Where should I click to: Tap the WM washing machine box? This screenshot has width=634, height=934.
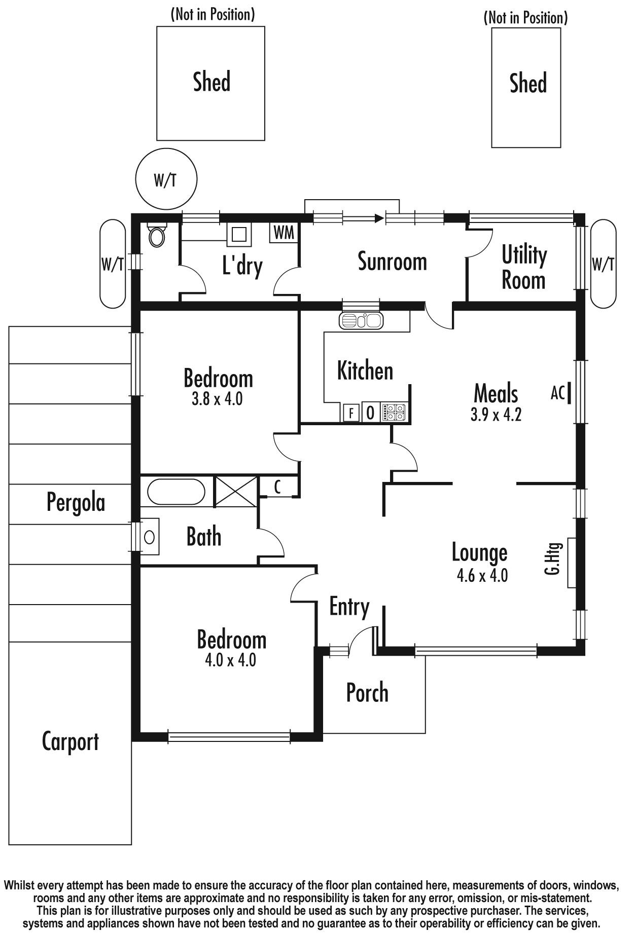284,233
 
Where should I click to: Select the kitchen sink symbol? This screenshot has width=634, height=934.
360,321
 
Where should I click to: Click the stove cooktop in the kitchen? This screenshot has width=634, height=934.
394,412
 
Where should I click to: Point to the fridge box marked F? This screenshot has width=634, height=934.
351,413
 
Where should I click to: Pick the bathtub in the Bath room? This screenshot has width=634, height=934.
177,492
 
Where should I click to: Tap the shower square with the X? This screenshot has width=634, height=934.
237,491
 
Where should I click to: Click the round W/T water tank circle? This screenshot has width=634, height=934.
166,179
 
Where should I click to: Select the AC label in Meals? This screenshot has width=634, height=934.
557,393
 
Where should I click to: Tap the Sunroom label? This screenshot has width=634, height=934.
392,261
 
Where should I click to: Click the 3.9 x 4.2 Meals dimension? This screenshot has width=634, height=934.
496,415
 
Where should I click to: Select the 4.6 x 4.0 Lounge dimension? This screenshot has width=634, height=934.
482,575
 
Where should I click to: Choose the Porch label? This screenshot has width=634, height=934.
367,693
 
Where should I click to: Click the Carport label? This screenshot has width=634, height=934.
70,742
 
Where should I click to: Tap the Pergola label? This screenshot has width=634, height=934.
76,503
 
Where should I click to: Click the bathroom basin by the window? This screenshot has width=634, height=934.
149,537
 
